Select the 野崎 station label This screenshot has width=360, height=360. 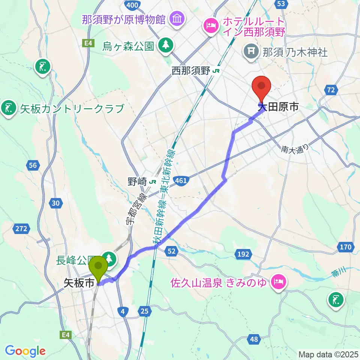click(x=136, y=181)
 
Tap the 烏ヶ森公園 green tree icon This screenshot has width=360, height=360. click(x=164, y=46)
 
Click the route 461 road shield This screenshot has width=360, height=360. click(x=181, y=181)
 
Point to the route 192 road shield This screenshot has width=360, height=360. click(x=243, y=255)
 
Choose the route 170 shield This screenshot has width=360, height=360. click(x=346, y=247)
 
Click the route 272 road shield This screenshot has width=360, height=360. click(x=21, y=228)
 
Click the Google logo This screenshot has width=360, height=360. click(x=25, y=351)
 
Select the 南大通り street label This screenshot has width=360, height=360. click(x=295, y=149)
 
